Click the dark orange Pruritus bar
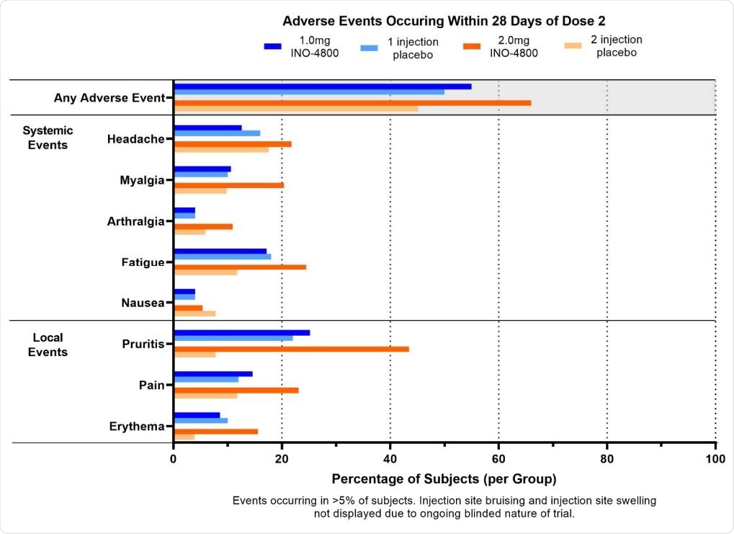(291, 349)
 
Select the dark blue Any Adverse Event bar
(323, 86)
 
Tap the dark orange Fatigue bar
(240, 267)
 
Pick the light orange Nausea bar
(194, 313)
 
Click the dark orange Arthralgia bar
(203, 226)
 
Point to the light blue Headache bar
(217, 133)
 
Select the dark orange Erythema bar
(215, 432)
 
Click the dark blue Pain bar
(213, 374)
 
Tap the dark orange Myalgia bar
(228, 185)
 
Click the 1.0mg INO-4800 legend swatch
(272, 46)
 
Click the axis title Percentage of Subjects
(444, 479)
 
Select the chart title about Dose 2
(444, 20)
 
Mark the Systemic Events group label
(48, 138)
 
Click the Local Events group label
(48, 344)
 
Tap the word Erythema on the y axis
(138, 427)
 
